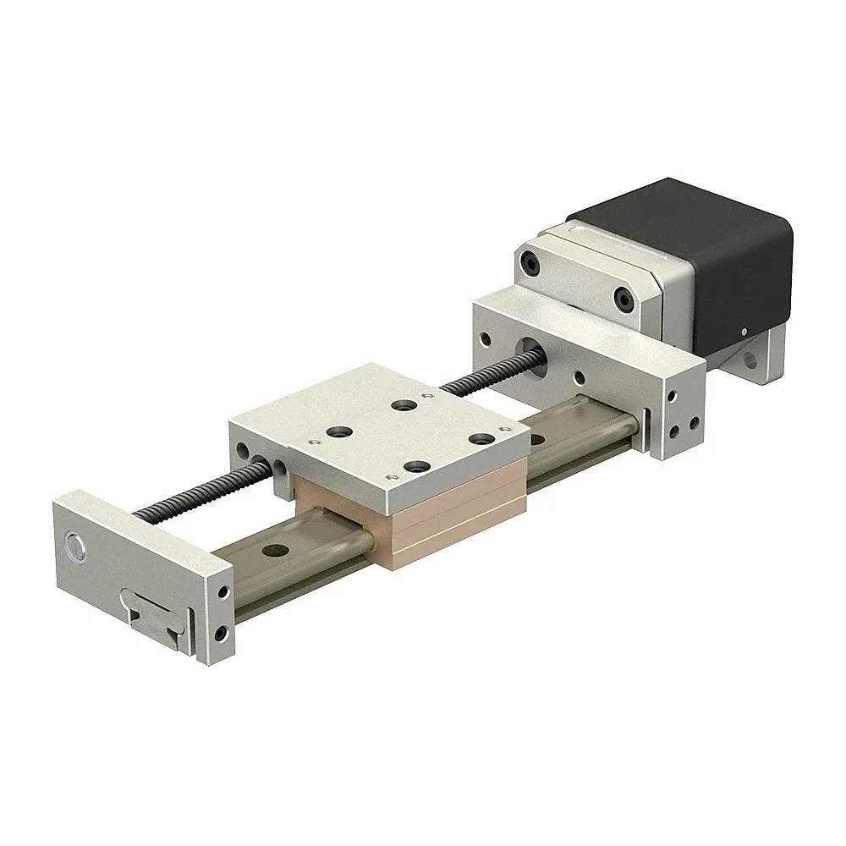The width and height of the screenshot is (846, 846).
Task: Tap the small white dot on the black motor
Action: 742,332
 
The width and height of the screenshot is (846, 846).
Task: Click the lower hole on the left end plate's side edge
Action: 221,631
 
